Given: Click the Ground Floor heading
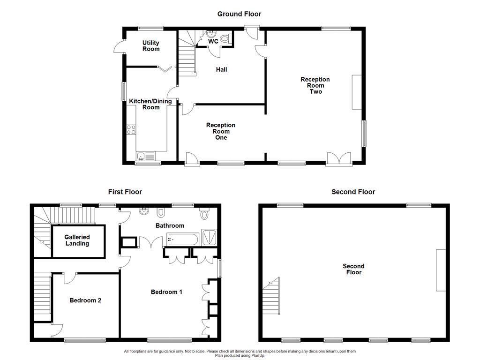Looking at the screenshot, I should point(239,14).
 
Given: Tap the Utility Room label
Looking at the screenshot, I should point(151,46).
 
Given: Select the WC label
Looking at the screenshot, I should point(213,42).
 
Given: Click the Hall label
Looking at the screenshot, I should point(221,70).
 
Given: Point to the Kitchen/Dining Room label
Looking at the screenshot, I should point(150,104).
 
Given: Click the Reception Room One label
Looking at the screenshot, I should point(221,131).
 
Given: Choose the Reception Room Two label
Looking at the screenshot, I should point(315,85).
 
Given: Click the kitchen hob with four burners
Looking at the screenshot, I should point(131,129).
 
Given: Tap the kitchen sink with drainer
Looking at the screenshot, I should point(146,156).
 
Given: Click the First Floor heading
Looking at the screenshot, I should point(125,192).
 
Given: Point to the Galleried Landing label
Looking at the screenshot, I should point(77,240).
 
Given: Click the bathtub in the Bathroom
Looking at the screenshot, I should point(182,240).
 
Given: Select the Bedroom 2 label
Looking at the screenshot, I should point(85,300).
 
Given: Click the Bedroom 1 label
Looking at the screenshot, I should point(166,292).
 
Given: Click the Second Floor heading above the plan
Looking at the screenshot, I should point(353,192).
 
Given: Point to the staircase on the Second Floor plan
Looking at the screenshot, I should point(272,293).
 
